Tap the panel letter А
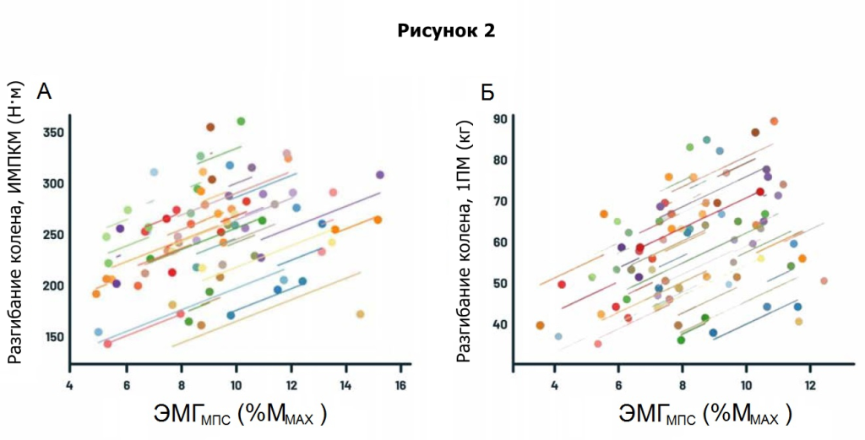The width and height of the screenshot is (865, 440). click(44, 92)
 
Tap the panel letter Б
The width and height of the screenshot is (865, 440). click(487, 92)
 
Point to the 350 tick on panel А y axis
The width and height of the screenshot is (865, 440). click(54, 133)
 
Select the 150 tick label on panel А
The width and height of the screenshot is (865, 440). click(54, 337)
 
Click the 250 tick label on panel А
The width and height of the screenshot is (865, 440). click(54, 235)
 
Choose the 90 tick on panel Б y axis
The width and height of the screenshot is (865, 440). click(501, 119)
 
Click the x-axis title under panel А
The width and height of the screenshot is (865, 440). click(240, 415)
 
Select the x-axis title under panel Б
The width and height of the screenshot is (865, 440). click(705, 415)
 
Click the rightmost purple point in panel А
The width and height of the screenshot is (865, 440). click(380, 175)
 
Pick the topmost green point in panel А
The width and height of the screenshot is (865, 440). click(241, 122)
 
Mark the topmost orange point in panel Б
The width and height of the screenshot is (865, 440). click(774, 122)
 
